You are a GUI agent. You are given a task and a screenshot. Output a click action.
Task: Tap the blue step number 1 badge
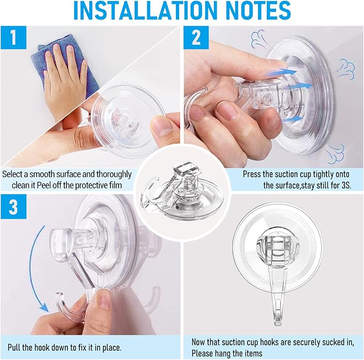(13, 38)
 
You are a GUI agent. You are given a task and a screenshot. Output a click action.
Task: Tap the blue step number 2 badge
(196, 38)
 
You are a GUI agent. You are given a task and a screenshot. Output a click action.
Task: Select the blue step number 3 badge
(13, 207)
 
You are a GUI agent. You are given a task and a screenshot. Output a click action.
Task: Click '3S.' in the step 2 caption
(346, 186)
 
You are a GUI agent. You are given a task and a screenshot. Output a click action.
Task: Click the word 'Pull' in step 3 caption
(14, 348)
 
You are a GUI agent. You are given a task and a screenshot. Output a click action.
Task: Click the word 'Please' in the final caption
(202, 354)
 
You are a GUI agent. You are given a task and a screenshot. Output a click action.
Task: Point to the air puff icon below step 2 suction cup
(336, 154)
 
